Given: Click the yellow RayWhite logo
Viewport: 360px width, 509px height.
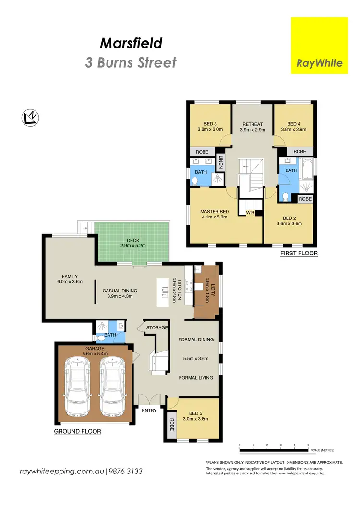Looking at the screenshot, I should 319,46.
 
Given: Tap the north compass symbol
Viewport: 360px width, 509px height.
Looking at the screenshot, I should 31,118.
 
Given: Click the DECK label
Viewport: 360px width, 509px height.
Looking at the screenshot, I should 133,241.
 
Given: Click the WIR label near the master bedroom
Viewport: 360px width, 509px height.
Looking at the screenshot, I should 250,212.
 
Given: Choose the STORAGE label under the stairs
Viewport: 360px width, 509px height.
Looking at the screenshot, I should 157,328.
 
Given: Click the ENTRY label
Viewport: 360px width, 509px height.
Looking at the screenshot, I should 149,411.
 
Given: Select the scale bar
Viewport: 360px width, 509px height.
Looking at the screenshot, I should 274,450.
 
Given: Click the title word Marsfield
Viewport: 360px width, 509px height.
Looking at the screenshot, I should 131,44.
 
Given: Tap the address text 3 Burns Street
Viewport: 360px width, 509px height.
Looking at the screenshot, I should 131,63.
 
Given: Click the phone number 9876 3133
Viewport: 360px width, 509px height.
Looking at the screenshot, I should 126,472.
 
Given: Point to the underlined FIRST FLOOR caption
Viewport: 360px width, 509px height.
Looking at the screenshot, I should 299,253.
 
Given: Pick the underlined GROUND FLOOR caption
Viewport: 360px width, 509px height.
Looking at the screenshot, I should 77,431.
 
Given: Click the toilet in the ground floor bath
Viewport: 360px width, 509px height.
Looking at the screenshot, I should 100,337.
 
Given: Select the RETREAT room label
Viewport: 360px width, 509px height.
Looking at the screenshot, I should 252,124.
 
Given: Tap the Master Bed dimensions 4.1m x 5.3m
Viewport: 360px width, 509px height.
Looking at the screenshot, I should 214,217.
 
